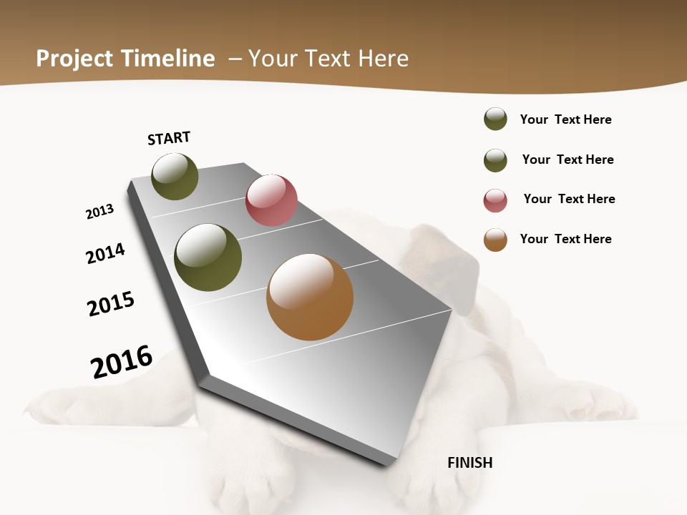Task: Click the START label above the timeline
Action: [x=169, y=138]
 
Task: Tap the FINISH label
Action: [x=469, y=463]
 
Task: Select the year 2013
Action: [x=99, y=212]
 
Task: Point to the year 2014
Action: [x=105, y=253]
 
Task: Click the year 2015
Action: [x=111, y=304]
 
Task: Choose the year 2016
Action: [x=122, y=362]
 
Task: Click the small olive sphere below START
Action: [x=175, y=177]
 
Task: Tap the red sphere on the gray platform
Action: [x=271, y=200]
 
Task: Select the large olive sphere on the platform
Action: [x=208, y=257]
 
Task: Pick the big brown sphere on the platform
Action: [x=310, y=298]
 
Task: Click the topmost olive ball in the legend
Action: [x=495, y=119]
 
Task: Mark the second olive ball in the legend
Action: [x=495, y=160]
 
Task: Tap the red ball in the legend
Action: [x=495, y=200]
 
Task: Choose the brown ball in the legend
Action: [x=495, y=240]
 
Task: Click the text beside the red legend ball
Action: [x=569, y=199]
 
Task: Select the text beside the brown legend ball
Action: [x=565, y=239]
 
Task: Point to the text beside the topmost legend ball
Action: [x=565, y=119]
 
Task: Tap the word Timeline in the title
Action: [x=168, y=59]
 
